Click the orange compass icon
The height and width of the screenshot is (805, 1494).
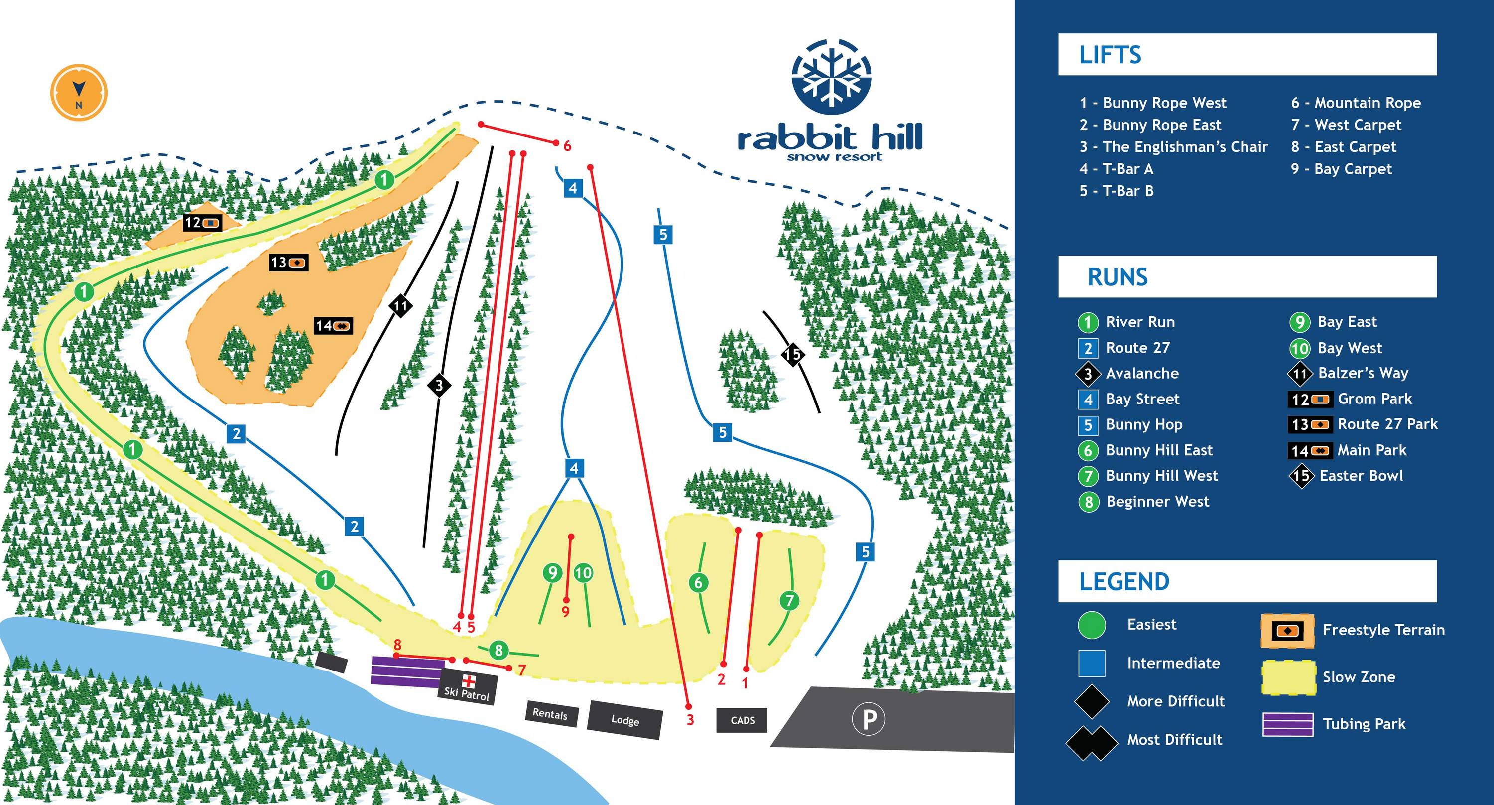[78, 93]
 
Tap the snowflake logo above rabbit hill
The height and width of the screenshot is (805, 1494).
[832, 77]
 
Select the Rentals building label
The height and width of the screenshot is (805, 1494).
[550, 714]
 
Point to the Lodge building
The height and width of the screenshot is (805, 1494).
[624, 720]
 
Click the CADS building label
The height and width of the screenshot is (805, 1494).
[743, 720]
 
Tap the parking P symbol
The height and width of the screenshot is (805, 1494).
[868, 720]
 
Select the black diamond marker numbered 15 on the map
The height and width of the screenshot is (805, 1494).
[792, 354]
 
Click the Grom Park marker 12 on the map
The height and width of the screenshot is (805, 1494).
[202, 222]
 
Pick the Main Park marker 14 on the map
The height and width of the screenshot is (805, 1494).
[333, 326]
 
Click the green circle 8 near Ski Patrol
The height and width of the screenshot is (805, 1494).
[498, 650]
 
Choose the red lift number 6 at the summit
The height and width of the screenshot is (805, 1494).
[567, 146]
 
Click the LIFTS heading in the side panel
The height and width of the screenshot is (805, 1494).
[1110, 55]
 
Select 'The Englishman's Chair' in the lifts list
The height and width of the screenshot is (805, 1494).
[1184, 147]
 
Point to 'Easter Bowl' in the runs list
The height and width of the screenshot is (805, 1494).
[1361, 476]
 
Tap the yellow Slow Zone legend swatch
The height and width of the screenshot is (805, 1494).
[1288, 677]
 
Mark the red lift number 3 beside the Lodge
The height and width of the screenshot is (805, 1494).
[690, 720]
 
